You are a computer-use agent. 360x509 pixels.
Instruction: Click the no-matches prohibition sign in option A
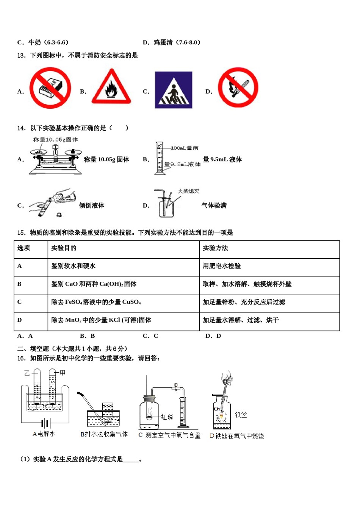[50, 88]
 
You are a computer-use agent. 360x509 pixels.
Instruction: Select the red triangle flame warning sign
[111, 88]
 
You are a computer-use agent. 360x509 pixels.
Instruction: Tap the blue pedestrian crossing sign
[173, 90]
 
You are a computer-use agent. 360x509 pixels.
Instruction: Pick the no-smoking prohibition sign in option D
[238, 88]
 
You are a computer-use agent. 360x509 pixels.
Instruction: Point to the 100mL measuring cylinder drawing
[159, 158]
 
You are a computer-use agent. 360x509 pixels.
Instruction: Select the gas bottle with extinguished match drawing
[166, 205]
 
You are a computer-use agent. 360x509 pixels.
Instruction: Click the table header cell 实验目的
[64, 248]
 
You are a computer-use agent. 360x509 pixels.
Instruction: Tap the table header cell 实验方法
[215, 248]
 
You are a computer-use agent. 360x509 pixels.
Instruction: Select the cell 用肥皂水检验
[222, 266]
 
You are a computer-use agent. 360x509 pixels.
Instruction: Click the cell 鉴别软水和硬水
[73, 266]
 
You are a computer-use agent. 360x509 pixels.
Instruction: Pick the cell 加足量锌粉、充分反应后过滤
[244, 302]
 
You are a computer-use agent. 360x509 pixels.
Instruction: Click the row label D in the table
[19, 320]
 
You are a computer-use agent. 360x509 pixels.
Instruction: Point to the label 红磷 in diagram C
[167, 417]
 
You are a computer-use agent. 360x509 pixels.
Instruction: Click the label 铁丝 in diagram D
[241, 415]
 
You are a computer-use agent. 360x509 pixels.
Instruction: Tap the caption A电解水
[44, 434]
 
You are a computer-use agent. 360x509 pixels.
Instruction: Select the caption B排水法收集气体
[104, 434]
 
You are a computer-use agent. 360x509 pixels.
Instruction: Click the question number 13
[21, 56]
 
